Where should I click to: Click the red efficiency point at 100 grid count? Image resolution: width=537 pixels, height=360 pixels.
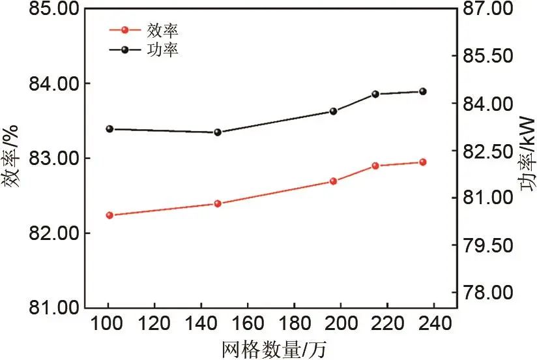109,215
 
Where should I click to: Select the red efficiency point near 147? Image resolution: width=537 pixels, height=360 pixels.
218,203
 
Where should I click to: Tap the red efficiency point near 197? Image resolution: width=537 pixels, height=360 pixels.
333,181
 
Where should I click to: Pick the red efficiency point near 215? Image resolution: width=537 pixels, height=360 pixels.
375,166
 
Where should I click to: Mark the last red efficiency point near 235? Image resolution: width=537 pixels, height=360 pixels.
422,162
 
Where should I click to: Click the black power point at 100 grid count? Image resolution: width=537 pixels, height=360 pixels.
109,129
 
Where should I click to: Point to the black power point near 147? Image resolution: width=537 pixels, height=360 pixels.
218,132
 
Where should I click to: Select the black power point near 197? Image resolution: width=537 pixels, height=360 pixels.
333,112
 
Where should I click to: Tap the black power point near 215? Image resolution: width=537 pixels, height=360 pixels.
375,94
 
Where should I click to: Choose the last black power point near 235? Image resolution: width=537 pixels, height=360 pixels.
422,91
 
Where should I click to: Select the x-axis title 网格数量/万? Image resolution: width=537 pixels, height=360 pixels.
274,349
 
